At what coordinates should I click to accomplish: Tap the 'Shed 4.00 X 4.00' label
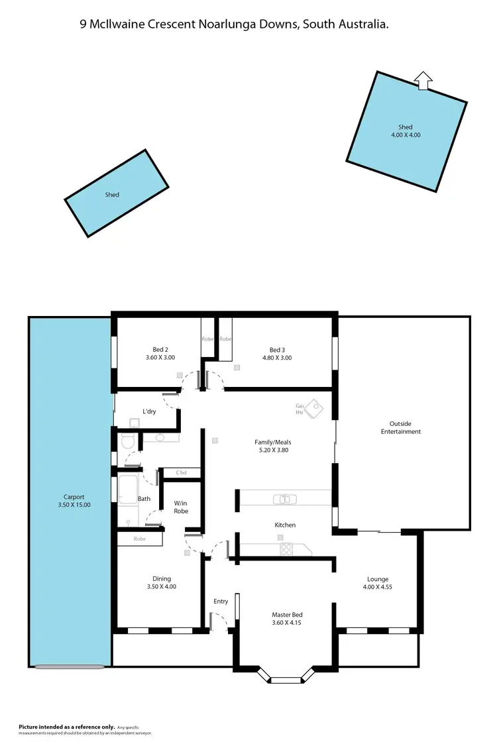point(406,131)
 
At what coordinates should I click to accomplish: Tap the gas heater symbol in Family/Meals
point(314,407)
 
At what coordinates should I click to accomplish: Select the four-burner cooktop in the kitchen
point(286,549)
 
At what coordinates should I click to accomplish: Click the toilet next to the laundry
point(127,441)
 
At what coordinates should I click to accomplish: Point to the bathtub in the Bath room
point(127,491)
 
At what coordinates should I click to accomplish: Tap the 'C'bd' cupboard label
point(181,473)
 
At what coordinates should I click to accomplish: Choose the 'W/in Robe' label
point(182,507)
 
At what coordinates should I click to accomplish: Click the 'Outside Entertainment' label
point(400,427)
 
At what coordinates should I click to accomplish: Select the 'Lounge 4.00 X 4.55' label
point(376,582)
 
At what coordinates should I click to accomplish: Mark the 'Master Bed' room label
point(287,619)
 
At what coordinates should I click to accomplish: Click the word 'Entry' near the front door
point(221,602)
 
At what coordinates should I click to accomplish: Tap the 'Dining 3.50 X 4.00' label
point(162,582)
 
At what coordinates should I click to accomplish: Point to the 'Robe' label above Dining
point(139,539)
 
